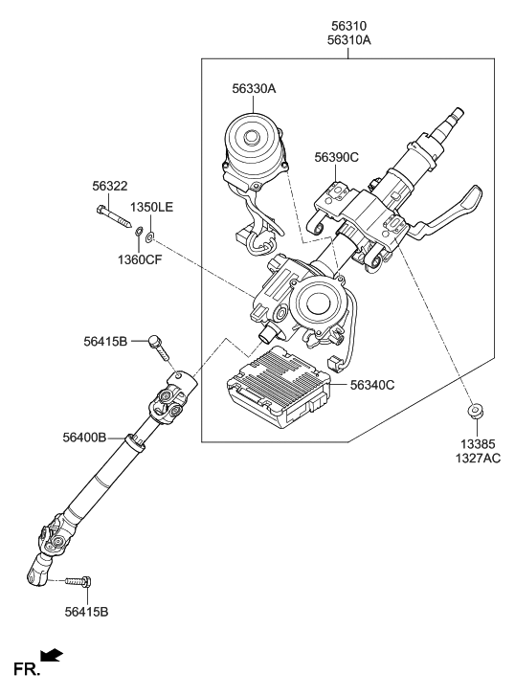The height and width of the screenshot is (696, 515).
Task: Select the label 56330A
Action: (254, 88)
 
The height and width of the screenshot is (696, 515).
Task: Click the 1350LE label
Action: (152, 207)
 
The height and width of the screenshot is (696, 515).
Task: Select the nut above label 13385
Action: (473, 413)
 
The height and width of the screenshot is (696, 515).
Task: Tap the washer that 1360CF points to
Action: (140, 231)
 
